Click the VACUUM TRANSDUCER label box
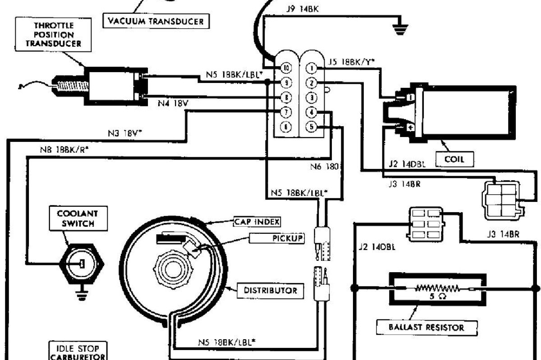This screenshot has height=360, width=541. click(156, 21)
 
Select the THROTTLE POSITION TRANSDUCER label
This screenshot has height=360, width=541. click(55, 35)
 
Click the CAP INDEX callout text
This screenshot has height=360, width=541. click(257, 222)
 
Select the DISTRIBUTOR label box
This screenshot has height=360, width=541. click(270, 291)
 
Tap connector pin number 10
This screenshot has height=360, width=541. click(286, 68)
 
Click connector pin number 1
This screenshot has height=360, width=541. click(311, 68)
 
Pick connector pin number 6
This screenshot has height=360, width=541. click(286, 127)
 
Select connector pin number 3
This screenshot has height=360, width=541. click(311, 97)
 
